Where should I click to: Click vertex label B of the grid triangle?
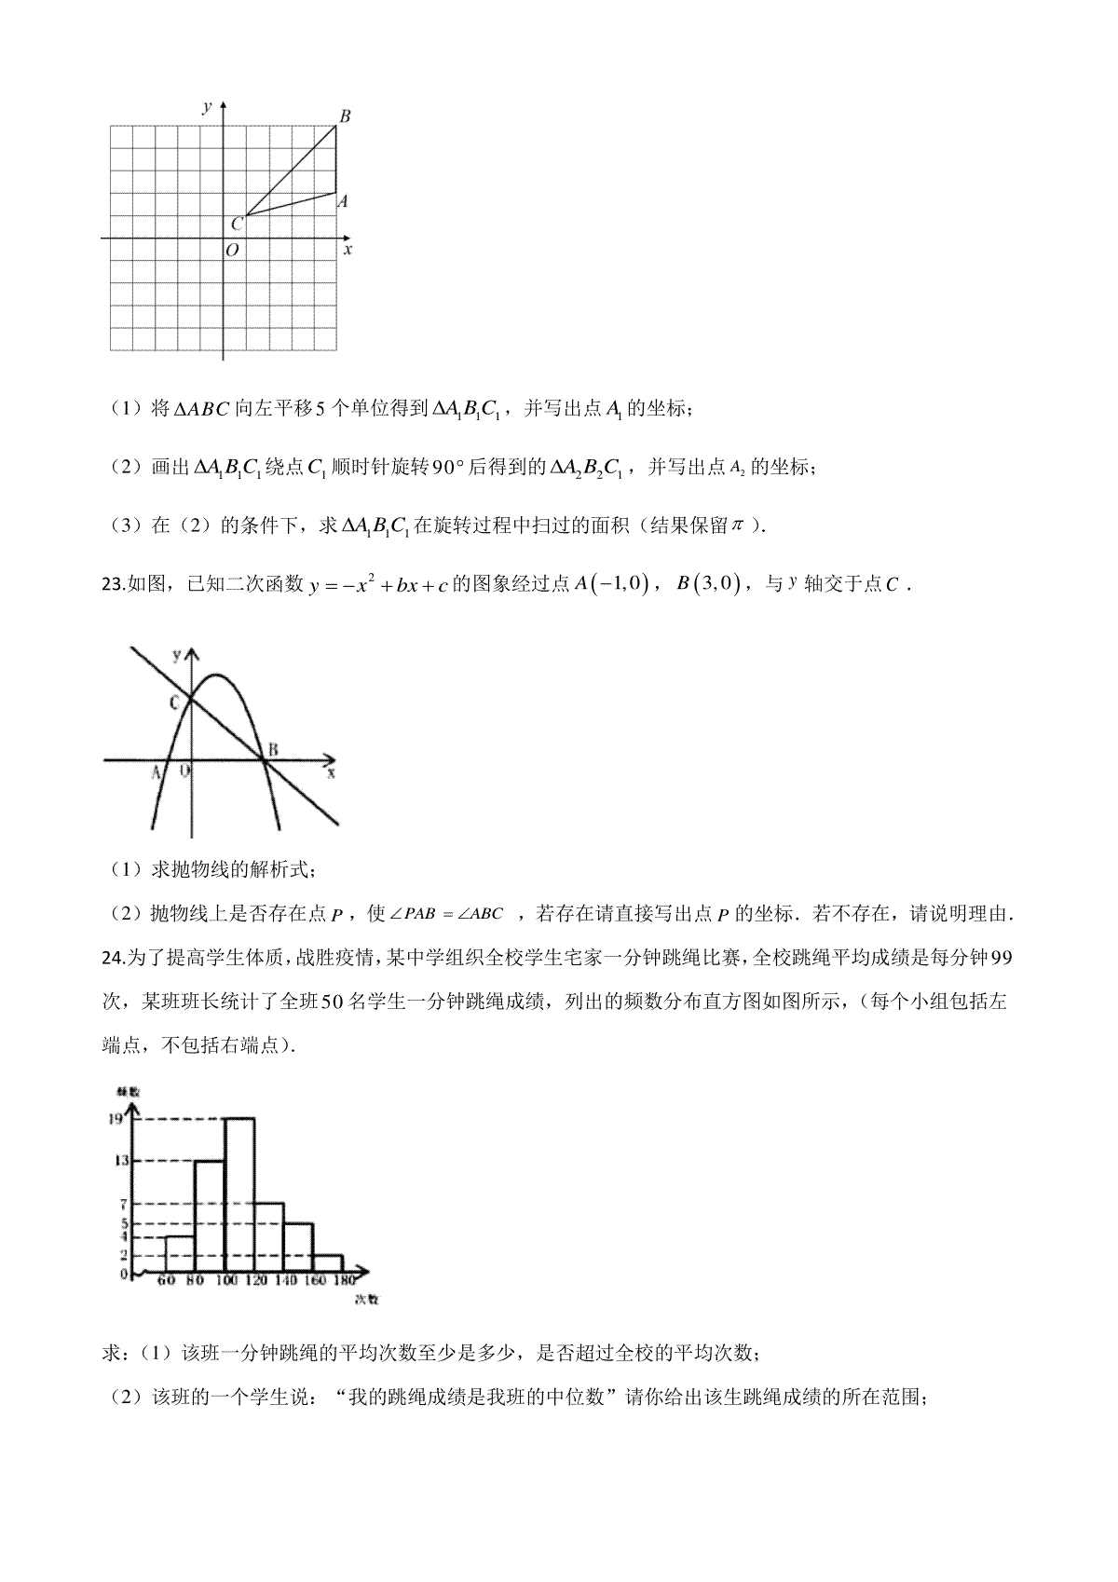tap(345, 116)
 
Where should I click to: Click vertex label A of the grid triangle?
tap(343, 200)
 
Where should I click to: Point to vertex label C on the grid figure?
tap(236, 224)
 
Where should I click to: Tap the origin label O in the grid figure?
tap(232, 250)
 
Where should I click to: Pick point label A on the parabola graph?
tap(156, 772)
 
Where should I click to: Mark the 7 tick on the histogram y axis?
tap(122, 1205)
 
